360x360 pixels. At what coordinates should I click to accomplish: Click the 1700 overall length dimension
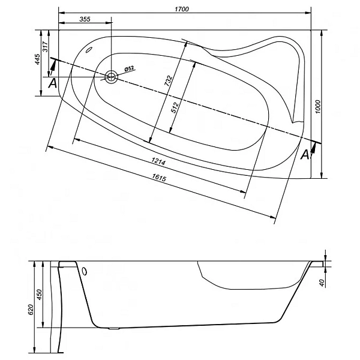(182, 9)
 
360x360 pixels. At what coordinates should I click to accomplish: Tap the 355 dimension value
(85, 19)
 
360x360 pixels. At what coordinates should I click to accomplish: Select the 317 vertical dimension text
(45, 47)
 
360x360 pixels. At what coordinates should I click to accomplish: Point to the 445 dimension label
(37, 59)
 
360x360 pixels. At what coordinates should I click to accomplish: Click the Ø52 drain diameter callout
(129, 68)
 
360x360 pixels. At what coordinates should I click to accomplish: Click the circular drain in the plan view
(112, 77)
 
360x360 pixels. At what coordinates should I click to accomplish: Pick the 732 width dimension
(168, 80)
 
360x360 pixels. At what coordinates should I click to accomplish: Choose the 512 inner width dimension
(175, 107)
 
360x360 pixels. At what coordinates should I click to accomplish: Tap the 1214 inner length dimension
(158, 162)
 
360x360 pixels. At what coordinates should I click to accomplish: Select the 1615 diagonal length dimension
(159, 178)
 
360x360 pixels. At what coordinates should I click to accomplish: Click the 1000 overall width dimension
(318, 107)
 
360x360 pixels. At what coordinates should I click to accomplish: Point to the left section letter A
(53, 83)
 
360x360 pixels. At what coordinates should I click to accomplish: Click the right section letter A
(305, 155)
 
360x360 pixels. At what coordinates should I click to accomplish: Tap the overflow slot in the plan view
(88, 50)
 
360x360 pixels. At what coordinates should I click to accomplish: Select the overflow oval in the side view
(85, 271)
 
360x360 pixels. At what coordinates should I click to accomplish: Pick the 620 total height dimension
(31, 310)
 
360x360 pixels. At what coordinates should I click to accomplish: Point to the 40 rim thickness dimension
(323, 283)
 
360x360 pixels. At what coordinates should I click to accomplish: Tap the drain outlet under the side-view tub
(114, 328)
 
